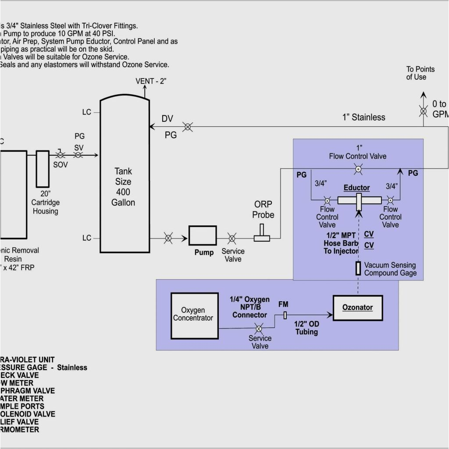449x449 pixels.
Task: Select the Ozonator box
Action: click(357, 308)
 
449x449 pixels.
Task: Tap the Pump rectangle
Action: click(202, 235)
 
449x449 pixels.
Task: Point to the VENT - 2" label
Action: click(151, 81)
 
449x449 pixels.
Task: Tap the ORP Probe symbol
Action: click(262, 234)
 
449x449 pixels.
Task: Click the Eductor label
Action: click(356, 188)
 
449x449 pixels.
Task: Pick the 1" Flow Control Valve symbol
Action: click(358, 168)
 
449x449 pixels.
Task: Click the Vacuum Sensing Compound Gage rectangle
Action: click(358, 268)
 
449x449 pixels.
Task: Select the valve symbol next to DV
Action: click(187, 127)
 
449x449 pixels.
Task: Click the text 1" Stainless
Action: click(363, 117)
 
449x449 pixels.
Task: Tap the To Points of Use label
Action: click(420, 73)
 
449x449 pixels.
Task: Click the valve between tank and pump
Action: click(168, 239)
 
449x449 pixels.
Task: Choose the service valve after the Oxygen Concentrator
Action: click(259, 328)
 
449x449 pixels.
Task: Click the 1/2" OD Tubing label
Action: click(306, 328)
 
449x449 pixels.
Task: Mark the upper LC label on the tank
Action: click(86, 112)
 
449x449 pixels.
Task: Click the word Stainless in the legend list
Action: click(72, 367)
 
